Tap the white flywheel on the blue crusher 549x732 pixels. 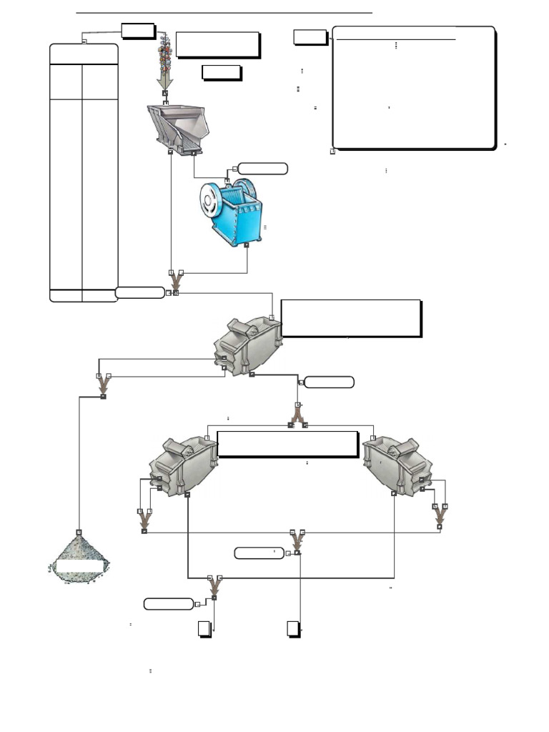[212, 200]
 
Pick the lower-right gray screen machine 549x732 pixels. [397, 465]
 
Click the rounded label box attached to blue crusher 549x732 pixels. [262, 169]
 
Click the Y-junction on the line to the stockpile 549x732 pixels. [103, 387]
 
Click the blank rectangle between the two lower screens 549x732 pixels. [287, 443]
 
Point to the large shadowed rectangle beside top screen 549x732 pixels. [350, 318]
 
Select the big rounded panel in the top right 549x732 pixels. [413, 88]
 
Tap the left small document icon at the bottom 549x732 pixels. [204, 628]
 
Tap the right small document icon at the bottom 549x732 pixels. [293, 628]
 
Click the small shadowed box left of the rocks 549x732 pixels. [137, 31]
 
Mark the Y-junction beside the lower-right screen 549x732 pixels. [440, 518]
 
